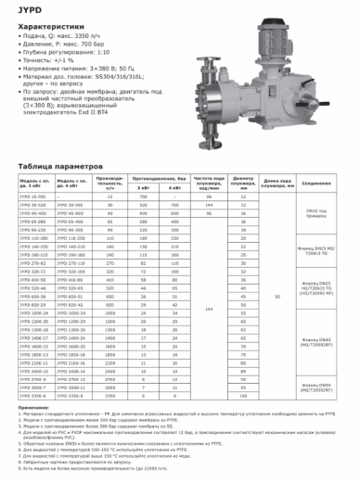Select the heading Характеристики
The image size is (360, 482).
point(45,28)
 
